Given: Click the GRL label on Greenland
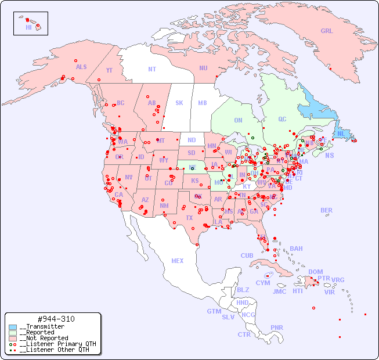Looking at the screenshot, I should pyautogui.click(x=327, y=31).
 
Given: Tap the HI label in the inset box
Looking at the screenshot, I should pyautogui.click(x=28, y=27).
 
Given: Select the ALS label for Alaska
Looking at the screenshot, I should pyautogui.click(x=81, y=67).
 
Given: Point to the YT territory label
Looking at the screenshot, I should pyautogui.click(x=109, y=70).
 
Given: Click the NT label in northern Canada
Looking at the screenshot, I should pyautogui.click(x=152, y=69).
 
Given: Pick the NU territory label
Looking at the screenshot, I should pyautogui.click(x=203, y=68).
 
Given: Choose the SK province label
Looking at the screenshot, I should pyautogui.click(x=179, y=103).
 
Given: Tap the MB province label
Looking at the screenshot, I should pyautogui.click(x=202, y=103).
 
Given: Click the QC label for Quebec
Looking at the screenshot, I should pyautogui.click(x=282, y=120).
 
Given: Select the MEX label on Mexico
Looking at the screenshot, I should pyautogui.click(x=178, y=261).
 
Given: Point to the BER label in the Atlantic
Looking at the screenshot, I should pyautogui.click(x=327, y=211).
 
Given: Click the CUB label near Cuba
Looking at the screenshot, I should pyautogui.click(x=247, y=256).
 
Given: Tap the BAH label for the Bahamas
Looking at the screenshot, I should pyautogui.click(x=296, y=249).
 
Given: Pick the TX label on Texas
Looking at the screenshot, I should pyautogui.click(x=189, y=218).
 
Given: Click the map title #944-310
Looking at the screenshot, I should pyautogui.click(x=56, y=319).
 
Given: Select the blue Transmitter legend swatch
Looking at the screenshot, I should pyautogui.click(x=13, y=327).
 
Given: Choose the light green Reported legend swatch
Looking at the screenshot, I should pyautogui.click(x=13, y=333).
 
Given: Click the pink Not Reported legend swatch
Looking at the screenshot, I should pyautogui.click(x=13, y=339).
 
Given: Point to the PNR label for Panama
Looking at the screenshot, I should pyautogui.click(x=277, y=327).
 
